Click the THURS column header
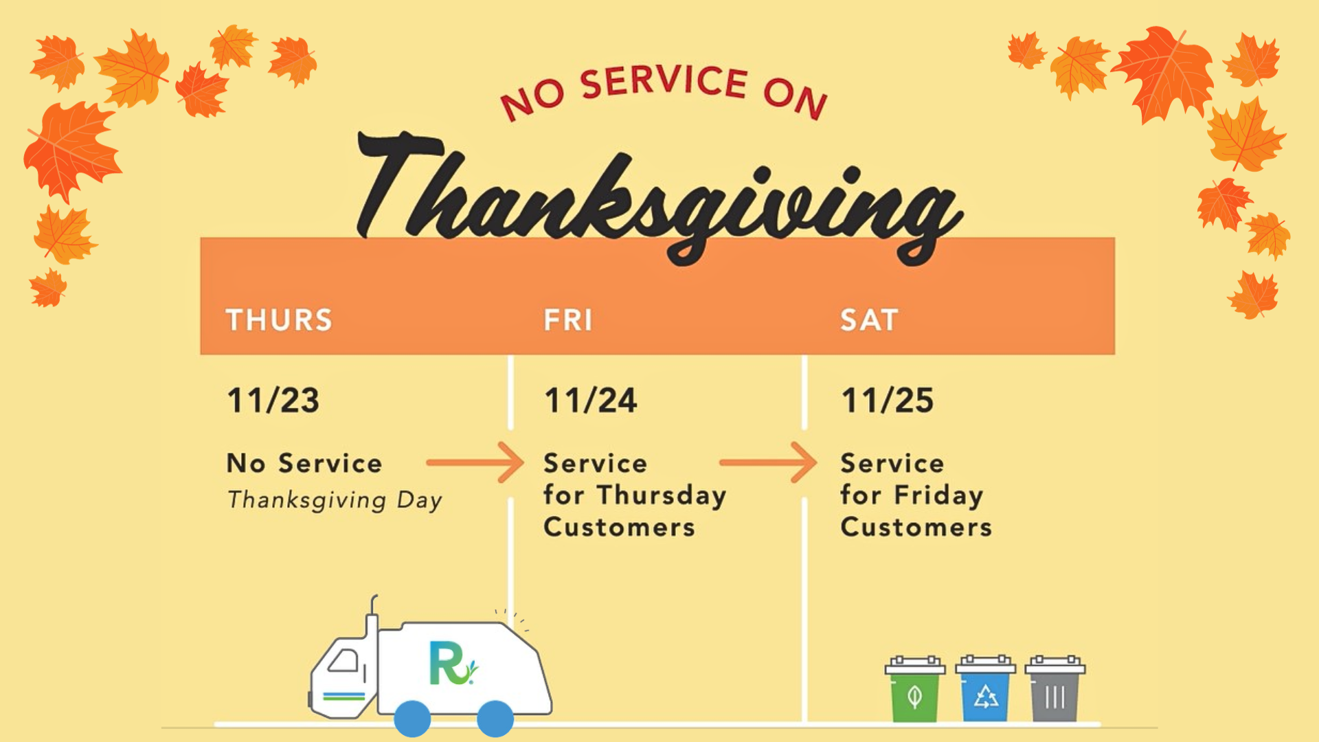279,320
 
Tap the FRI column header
568,320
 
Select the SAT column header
869,320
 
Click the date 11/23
273,401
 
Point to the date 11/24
591,401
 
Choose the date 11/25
888,401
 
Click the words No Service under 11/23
304,463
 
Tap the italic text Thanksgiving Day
335,500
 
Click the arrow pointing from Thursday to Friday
475,462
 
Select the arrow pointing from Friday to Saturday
768,462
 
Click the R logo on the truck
451,664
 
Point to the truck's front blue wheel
412,719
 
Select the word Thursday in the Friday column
661,496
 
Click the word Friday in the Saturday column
938,496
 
